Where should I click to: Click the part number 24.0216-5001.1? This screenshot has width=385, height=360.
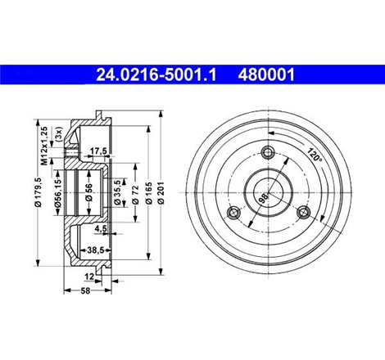pyautogui.click(x=156, y=74)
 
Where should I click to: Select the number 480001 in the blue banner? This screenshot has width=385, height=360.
pyautogui.click(x=266, y=74)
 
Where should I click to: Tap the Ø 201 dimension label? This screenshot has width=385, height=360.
pyautogui.click(x=161, y=192)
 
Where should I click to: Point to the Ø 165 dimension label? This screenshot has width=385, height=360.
pyautogui.click(x=149, y=192)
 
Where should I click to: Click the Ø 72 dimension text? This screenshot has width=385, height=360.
pyautogui.click(x=136, y=194)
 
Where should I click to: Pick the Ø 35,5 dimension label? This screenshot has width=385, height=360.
pyautogui.click(x=117, y=192)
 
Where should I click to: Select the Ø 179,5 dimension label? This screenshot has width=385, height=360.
pyautogui.click(x=38, y=191)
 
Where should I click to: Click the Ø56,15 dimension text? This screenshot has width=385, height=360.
pyautogui.click(x=57, y=192)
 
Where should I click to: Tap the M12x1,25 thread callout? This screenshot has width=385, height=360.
pyautogui.click(x=44, y=146)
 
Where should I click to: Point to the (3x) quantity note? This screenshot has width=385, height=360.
pyautogui.click(x=59, y=133)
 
